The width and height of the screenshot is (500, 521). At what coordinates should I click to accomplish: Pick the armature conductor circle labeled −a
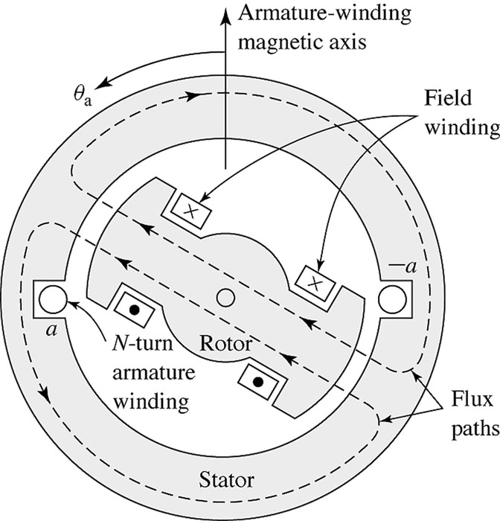(392, 298)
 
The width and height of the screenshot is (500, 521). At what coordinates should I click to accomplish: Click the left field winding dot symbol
(134, 308)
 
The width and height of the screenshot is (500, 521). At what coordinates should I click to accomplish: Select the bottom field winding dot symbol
(258, 380)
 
